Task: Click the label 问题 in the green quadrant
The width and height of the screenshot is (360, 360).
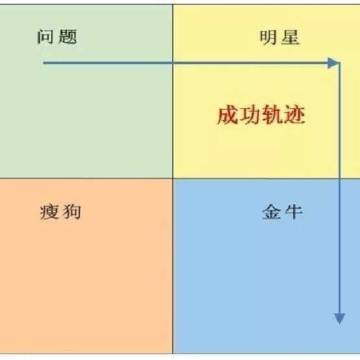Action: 56,36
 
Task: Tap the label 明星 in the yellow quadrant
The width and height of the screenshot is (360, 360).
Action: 280,37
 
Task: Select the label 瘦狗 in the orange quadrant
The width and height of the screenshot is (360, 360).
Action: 60,212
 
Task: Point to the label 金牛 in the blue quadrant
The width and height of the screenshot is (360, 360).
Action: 282,211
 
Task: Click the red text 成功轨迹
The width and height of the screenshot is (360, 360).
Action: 261,115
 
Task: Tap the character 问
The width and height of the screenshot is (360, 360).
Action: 45,36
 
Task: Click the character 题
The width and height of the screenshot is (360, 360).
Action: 67,36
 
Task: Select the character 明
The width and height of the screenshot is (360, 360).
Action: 268,37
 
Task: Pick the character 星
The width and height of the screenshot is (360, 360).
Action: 291,37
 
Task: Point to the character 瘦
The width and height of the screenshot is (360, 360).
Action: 49,212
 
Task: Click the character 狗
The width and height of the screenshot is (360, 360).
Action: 72,212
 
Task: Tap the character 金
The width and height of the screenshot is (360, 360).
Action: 271,211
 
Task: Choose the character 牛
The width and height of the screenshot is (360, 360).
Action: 294,211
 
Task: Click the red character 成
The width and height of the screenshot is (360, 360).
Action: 227,115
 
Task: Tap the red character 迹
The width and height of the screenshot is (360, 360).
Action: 294,115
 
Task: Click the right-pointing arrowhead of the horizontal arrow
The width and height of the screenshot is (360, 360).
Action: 333,63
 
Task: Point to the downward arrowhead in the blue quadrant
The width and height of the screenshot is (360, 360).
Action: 339,318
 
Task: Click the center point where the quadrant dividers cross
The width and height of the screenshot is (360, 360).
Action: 173,178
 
